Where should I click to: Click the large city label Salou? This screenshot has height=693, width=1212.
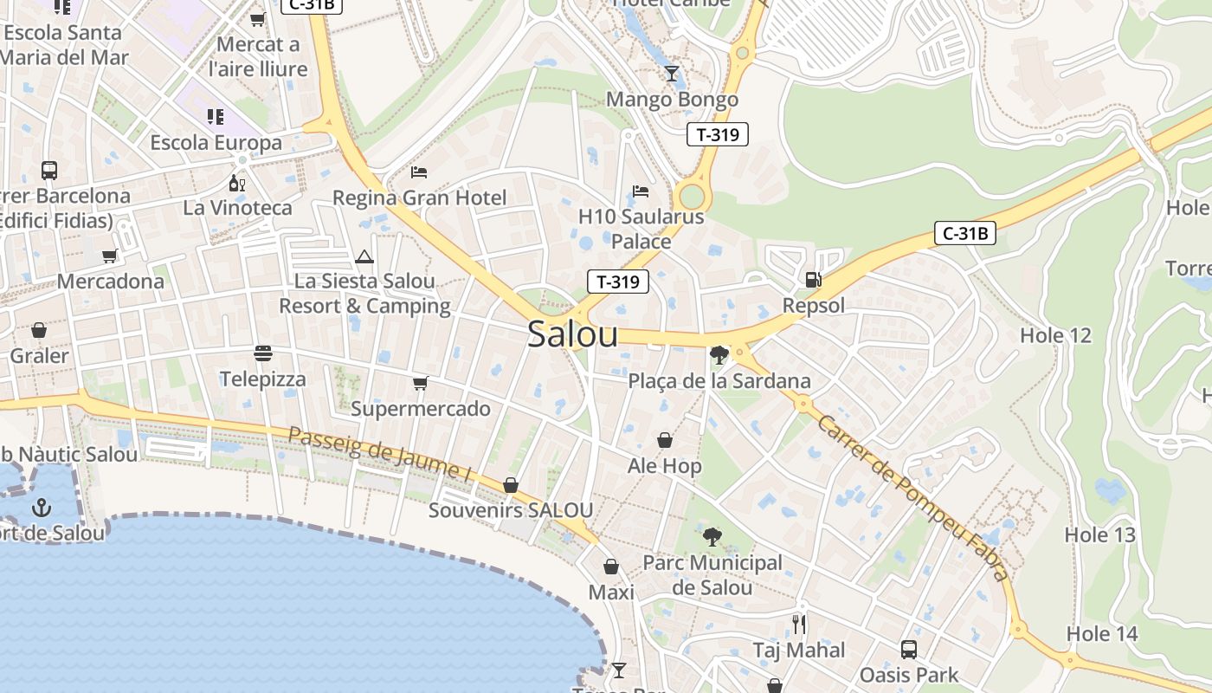(573, 334)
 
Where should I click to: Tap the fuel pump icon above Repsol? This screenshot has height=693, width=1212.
(813, 280)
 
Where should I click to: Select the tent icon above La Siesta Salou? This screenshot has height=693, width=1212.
(364, 256)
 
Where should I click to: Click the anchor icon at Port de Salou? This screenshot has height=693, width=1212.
(42, 507)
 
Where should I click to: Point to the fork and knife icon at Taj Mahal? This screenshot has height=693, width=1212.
(798, 624)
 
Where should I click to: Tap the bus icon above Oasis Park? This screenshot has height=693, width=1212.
(908, 649)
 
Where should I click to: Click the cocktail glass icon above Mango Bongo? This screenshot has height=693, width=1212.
(672, 73)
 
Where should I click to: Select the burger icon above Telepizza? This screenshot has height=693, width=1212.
(262, 353)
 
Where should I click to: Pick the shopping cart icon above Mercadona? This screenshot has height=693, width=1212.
(110, 256)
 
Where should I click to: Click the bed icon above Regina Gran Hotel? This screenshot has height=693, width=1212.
(419, 172)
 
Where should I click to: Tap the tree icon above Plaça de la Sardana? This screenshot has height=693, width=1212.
(719, 354)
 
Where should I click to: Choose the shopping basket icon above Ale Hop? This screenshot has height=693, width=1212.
(664, 440)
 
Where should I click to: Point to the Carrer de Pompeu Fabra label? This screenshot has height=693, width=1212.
(912, 498)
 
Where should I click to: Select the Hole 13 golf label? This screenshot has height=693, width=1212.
(1099, 534)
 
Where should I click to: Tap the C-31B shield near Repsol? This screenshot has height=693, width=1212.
(964, 233)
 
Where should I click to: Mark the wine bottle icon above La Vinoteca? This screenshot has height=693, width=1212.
(236, 183)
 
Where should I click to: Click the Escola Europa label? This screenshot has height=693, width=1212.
(216, 142)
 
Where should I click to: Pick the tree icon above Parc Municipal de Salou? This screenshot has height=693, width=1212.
(712, 537)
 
